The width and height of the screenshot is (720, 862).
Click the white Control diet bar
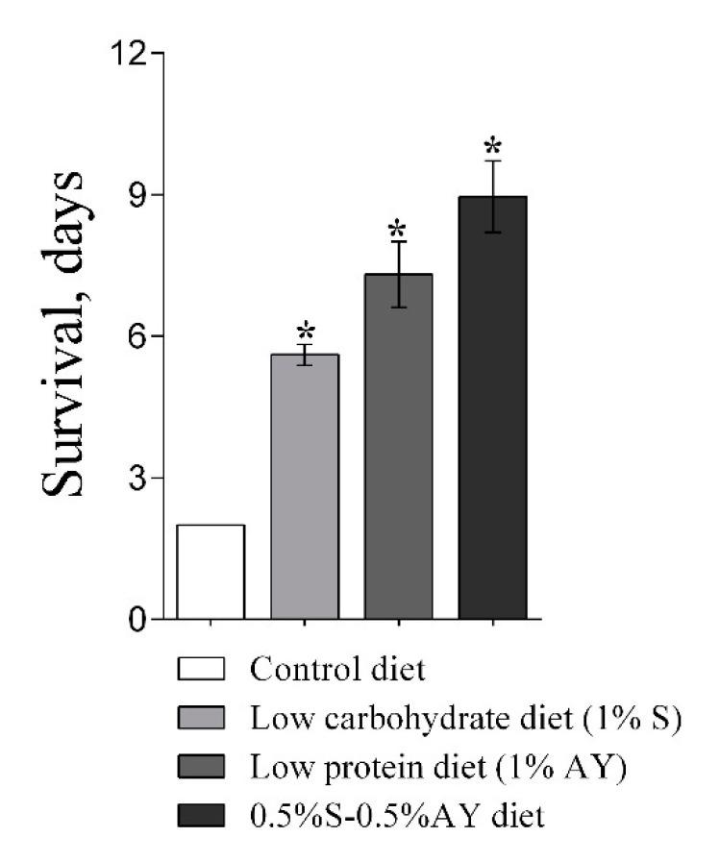tap(211, 572)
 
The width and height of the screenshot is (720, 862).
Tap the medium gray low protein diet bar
tap(398, 447)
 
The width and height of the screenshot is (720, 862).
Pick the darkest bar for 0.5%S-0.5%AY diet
tap(492, 407)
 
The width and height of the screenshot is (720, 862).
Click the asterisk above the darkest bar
tap(492, 148)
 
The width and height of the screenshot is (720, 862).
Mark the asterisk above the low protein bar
tap(398, 231)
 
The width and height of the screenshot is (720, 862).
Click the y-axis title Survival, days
tap(65, 336)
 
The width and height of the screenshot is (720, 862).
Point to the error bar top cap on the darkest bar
tap(492, 160)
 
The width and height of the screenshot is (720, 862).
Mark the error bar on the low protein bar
tap(398, 274)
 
